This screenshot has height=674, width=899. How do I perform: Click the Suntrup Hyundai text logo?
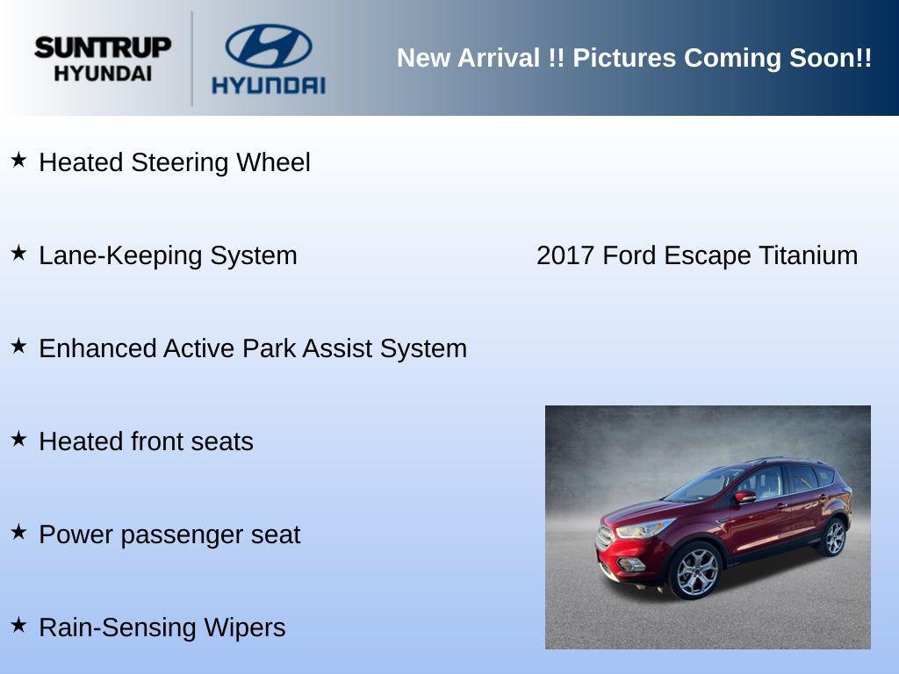102,59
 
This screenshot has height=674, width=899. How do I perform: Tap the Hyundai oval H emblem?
269,46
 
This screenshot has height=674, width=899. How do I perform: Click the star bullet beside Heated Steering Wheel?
18,160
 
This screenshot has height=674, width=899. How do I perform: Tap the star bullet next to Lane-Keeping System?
18,253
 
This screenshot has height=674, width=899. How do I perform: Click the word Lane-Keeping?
118,256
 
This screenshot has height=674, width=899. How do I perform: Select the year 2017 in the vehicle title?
565,255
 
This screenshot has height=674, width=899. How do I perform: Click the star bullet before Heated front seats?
18,439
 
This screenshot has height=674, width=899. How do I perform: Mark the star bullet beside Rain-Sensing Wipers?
18,625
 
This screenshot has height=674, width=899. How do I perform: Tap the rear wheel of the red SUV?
832,537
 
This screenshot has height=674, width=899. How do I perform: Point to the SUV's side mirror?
745,497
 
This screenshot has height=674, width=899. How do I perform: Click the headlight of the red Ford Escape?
643,528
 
